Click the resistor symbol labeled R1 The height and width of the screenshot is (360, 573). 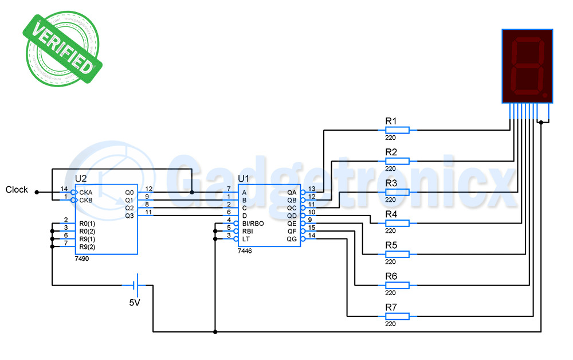397,131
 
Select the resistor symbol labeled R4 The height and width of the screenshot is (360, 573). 397,223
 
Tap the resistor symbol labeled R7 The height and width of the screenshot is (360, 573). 397,316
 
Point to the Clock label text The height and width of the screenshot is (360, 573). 17,190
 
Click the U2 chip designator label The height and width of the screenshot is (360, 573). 81,179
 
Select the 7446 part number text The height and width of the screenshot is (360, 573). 245,251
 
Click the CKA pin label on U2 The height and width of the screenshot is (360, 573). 85,192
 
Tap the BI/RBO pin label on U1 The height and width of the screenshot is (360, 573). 253,224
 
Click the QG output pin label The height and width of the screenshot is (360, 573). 292,239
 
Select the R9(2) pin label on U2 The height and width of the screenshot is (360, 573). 88,246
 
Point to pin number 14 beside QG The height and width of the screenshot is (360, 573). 312,235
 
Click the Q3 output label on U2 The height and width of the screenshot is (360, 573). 129,216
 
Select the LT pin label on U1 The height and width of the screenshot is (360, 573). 246,239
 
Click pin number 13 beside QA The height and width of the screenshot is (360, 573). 312,189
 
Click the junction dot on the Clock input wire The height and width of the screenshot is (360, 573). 36,192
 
